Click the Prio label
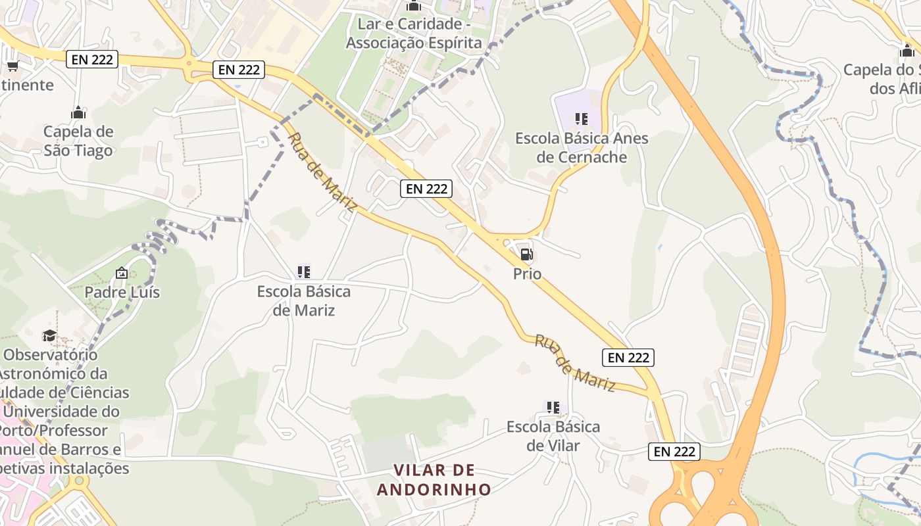coord(527,274)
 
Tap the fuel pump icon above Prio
coord(526,254)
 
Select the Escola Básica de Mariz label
coord(304,300)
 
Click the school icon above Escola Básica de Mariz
coord(304,272)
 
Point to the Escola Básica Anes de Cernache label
coord(582,148)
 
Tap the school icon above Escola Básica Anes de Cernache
coord(582,119)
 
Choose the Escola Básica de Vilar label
coord(553,436)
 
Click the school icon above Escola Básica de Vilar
coord(553,408)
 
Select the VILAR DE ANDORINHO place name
coord(434,479)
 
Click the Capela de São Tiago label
coord(78,141)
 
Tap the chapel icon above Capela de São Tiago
coord(78,113)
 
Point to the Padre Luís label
coord(122,292)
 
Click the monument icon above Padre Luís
coord(122,273)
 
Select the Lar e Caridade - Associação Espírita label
coord(414,34)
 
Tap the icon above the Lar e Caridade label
coord(414,7)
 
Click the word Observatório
coord(51,355)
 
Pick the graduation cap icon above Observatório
coord(49,336)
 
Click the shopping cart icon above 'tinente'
coord(12,66)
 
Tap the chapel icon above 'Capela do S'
coord(907,51)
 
